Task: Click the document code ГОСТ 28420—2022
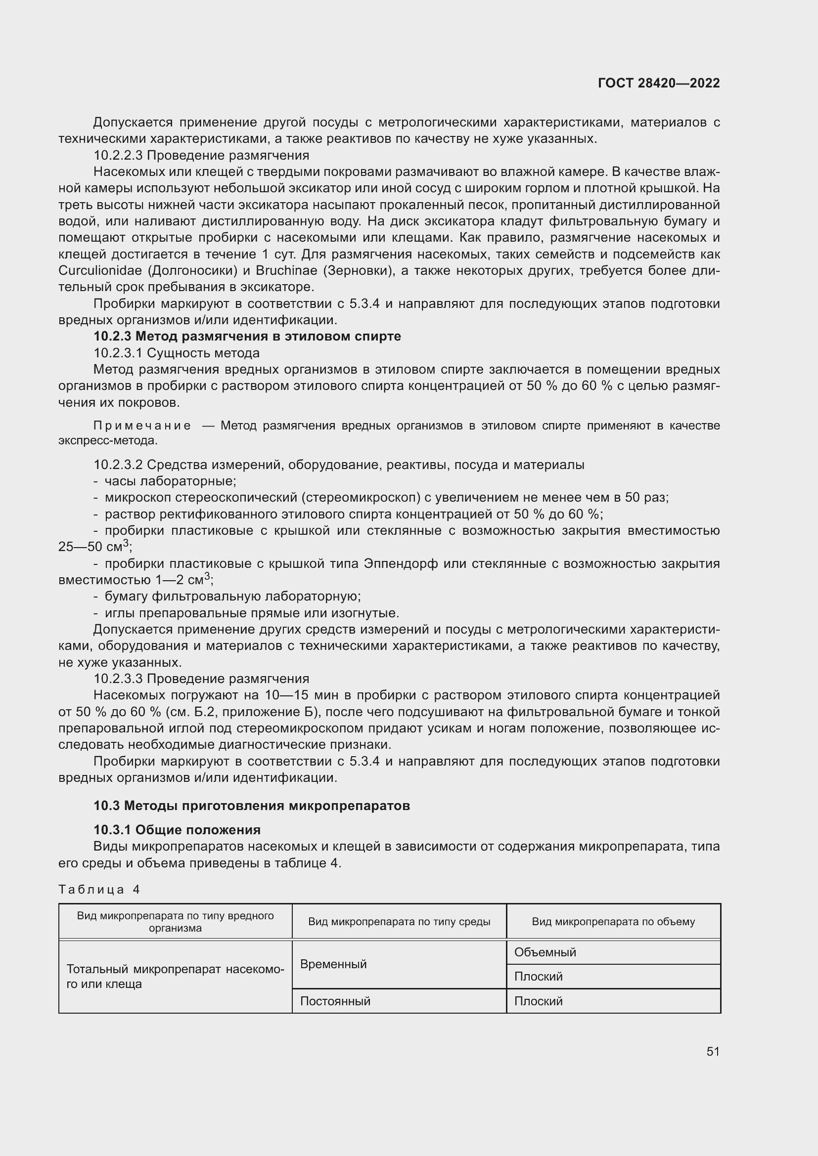coord(658,83)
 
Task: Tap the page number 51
coord(713,1051)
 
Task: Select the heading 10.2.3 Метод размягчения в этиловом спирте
coord(247,337)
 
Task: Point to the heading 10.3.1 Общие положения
coord(177,830)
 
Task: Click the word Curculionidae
coord(101,271)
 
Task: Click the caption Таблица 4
coord(99,890)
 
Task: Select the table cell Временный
coord(333,964)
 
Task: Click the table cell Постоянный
coord(335,1001)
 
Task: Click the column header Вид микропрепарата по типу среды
coord(399,922)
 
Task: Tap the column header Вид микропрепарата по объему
coord(613,922)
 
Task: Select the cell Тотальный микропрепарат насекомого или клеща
coord(175,976)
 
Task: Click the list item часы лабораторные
coord(170,481)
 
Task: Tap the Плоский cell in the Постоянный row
coord(538,1001)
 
